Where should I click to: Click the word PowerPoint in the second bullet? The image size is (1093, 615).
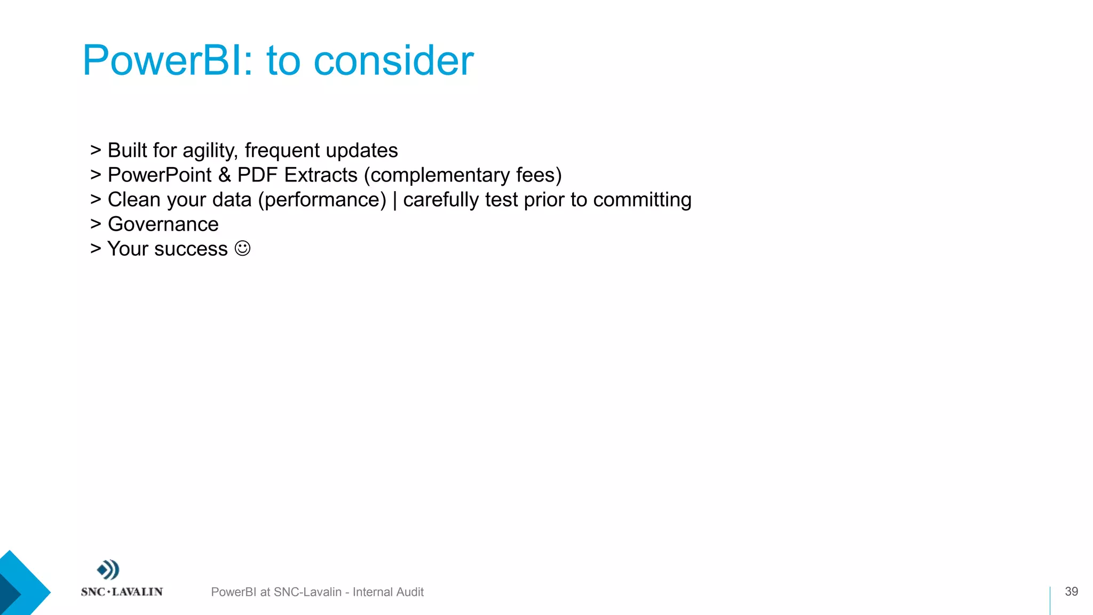coord(160,175)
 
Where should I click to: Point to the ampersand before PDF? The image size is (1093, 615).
coord(225,175)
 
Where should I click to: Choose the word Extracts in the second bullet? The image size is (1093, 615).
coord(320,175)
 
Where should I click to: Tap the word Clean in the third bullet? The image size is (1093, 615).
coord(134,200)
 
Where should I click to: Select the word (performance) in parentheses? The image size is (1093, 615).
coord(322,200)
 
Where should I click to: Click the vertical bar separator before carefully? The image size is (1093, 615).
coord(395,200)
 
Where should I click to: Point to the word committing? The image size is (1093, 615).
coord(642,200)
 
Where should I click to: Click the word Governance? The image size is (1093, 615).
coord(163,224)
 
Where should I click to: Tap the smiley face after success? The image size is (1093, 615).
coord(242,248)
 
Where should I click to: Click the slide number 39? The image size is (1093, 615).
coord(1071,592)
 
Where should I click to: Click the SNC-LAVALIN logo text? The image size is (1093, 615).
coord(122,592)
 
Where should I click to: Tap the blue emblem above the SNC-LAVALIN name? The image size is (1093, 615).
coord(108,570)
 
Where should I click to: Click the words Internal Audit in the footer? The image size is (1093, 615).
coord(388,592)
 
